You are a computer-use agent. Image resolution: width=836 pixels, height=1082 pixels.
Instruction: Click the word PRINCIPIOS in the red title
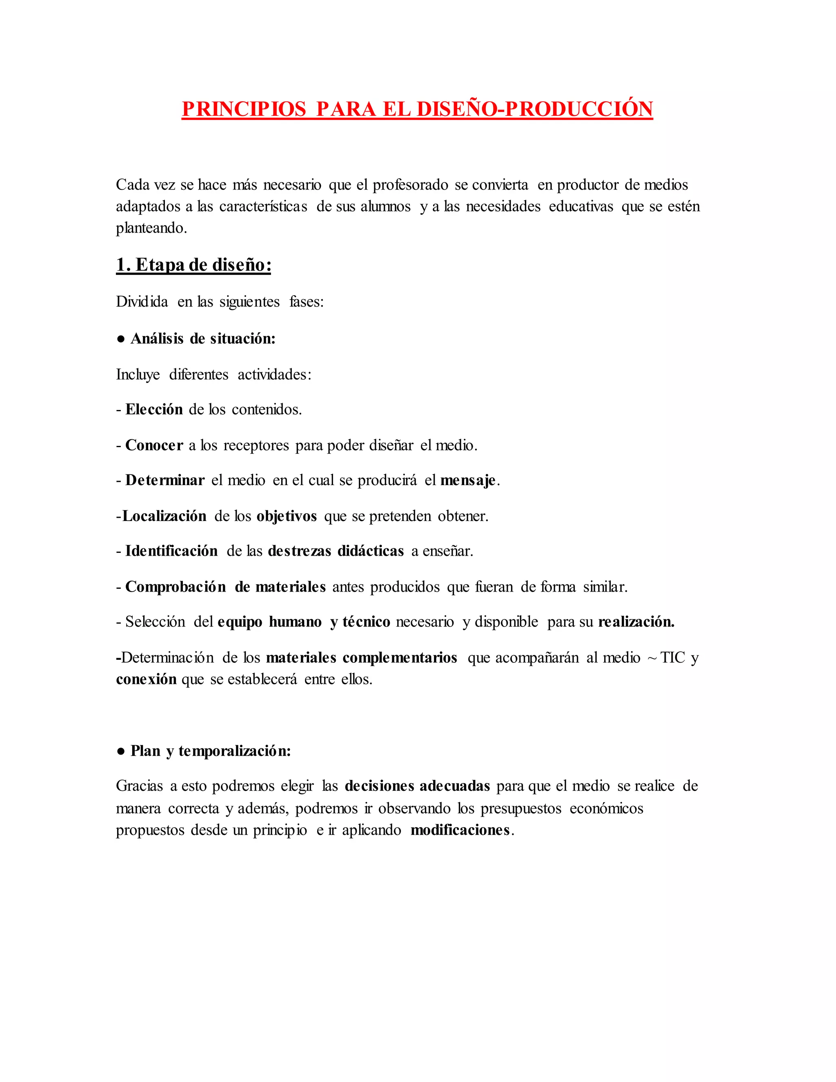click(244, 109)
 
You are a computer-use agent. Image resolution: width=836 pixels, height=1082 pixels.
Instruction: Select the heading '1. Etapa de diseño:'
click(193, 265)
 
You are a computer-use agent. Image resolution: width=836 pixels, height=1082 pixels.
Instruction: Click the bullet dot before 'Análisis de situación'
click(120, 339)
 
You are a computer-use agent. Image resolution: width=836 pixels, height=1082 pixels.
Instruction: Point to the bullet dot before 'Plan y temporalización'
click(120, 751)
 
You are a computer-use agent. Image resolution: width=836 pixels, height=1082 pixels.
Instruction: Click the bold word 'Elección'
click(154, 409)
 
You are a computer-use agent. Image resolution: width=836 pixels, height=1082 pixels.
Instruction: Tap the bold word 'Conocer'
click(154, 445)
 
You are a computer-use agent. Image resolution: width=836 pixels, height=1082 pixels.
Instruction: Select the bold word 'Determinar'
click(165, 480)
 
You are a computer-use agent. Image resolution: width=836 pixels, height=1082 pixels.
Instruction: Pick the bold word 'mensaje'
click(467, 480)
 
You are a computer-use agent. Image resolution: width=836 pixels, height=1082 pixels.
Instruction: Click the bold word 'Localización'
click(164, 516)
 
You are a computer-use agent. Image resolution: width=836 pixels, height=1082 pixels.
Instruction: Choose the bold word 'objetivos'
click(286, 516)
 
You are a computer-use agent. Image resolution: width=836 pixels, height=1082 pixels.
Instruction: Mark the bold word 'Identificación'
click(171, 551)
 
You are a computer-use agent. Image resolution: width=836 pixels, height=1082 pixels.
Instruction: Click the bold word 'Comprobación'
click(175, 587)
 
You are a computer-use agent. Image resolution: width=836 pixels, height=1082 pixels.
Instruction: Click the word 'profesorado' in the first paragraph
click(410, 185)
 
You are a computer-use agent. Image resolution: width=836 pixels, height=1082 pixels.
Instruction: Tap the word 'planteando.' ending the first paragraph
click(151, 228)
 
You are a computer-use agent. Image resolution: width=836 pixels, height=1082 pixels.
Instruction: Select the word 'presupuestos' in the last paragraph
click(521, 808)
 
